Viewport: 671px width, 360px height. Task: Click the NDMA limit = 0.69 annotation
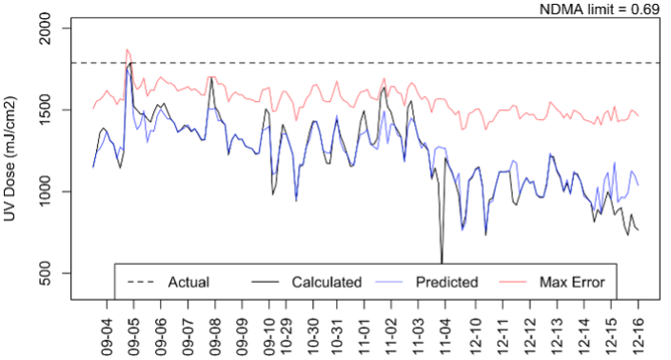(x=601, y=9)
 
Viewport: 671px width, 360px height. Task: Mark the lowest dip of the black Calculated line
(x=442, y=261)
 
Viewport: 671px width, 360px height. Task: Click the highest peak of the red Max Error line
(x=128, y=50)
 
